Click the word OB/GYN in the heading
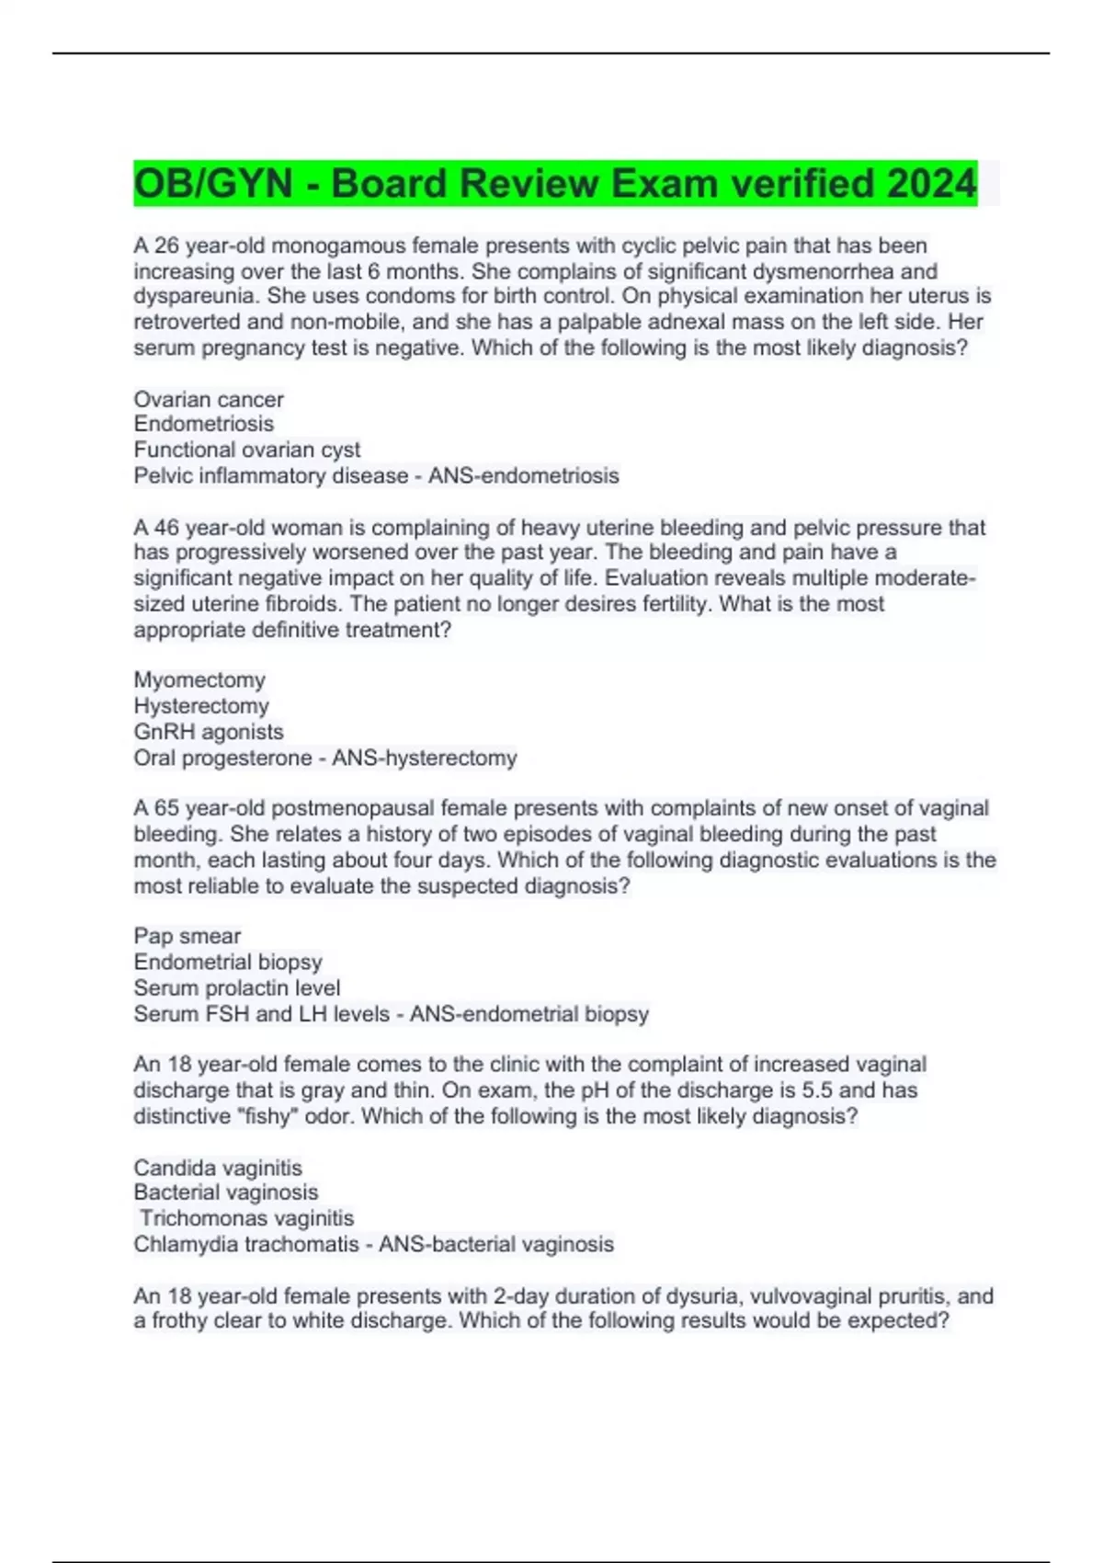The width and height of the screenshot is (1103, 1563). (x=213, y=183)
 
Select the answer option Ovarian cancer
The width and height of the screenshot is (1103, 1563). (x=209, y=399)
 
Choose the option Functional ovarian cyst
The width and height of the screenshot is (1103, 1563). (x=247, y=450)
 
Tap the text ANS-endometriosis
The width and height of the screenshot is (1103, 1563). (x=523, y=475)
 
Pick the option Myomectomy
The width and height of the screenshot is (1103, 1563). (x=199, y=679)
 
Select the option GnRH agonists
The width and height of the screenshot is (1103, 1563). (x=209, y=732)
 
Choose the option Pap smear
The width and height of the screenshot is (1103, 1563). (x=188, y=936)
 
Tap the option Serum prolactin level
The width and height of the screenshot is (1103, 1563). (x=237, y=987)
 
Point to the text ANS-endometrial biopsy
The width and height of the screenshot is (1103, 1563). (x=529, y=1014)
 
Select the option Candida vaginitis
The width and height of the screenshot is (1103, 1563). (x=218, y=1168)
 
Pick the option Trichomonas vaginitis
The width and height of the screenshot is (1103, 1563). (x=246, y=1218)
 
